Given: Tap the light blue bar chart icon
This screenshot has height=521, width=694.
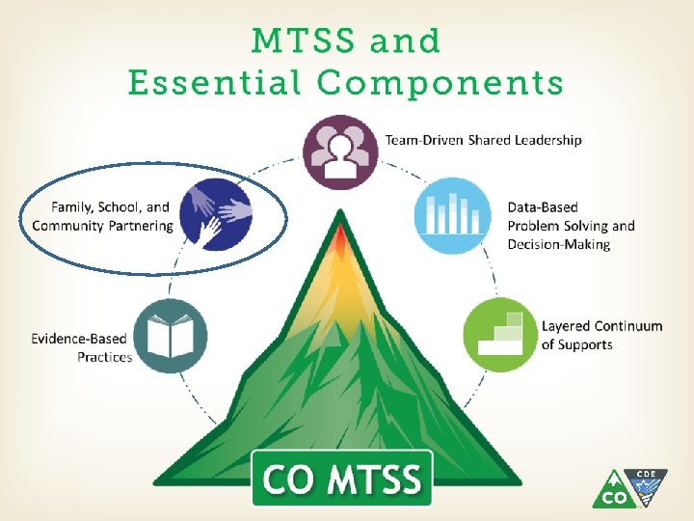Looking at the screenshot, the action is click(452, 214).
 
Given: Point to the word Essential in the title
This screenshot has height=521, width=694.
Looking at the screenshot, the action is click(213, 83).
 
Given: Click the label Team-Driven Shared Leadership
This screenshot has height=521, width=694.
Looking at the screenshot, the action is click(484, 140).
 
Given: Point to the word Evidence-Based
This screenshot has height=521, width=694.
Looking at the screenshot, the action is click(81, 339).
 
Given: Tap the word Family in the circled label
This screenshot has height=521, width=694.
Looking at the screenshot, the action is click(69, 206).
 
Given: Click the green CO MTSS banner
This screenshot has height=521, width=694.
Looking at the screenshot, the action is click(342, 479).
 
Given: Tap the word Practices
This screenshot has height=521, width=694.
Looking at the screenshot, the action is click(105, 357).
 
